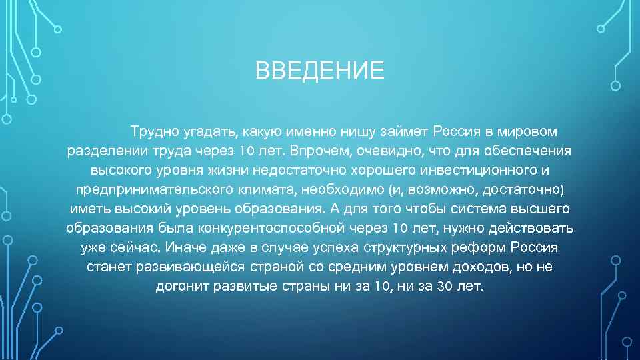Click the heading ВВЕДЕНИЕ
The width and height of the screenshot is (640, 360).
pyautogui.click(x=320, y=71)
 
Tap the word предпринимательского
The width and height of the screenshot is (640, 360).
pyautogui.click(x=157, y=189)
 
